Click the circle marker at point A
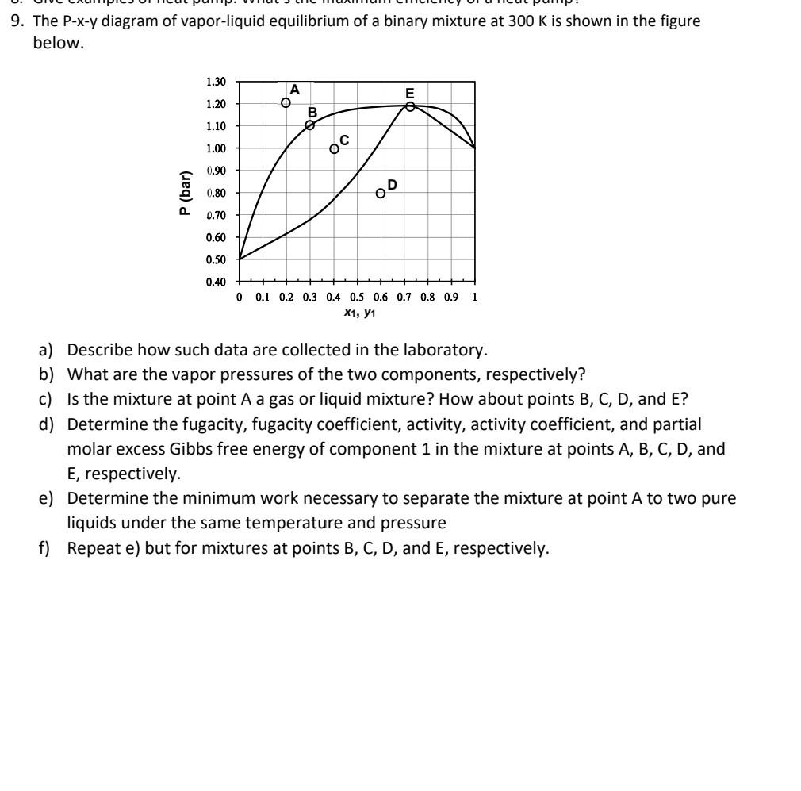point(286,102)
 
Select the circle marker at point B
point(310,125)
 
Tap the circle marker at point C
point(334,148)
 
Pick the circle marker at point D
point(381,193)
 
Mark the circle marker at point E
point(410,106)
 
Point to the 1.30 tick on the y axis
point(216,82)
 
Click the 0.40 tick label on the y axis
point(216,282)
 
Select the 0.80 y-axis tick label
point(216,193)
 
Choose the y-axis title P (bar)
point(185,193)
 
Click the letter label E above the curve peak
point(409,92)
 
